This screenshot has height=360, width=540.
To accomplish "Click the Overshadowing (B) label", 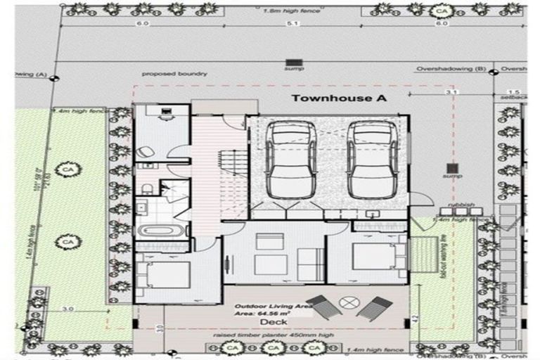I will pos(450,69).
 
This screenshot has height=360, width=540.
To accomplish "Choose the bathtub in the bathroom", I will pos(162,231).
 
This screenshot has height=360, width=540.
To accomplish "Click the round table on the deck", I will pos(346,302).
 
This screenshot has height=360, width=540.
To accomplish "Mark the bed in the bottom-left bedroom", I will pos(163,271).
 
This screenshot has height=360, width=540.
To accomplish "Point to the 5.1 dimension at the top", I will pos(293,23).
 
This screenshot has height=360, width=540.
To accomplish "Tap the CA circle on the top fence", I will pos(442,12).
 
